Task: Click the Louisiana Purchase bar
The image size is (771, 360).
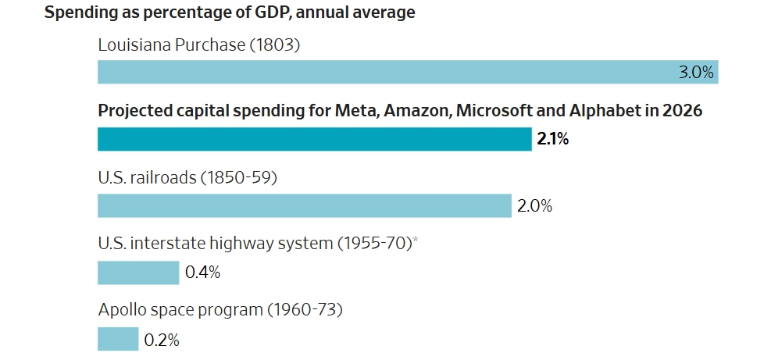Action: click(391, 72)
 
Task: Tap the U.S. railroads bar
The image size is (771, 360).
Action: click(304, 206)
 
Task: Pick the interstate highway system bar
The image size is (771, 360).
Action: click(137, 273)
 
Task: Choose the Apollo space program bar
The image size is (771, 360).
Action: click(117, 340)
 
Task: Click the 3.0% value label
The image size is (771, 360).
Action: click(695, 73)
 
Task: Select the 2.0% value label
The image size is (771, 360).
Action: click(534, 207)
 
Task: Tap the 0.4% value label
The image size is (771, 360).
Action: click(202, 273)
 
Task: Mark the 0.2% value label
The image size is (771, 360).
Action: click(162, 340)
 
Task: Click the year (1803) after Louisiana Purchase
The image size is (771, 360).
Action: click(275, 45)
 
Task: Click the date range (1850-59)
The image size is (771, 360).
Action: click(239, 177)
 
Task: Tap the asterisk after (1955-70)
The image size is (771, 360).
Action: click(415, 241)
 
